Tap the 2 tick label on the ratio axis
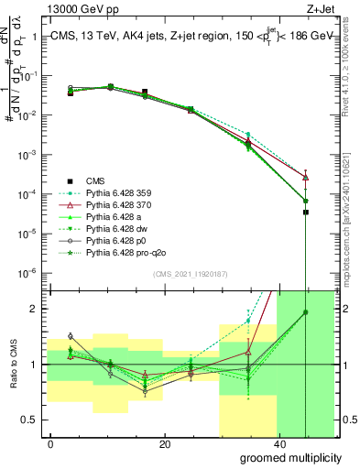[37, 309]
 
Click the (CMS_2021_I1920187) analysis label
[191, 275]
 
